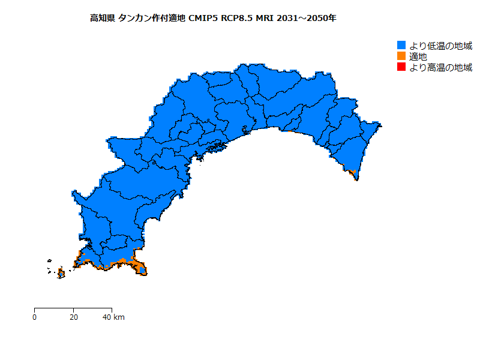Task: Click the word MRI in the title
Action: pyautogui.click(x=265, y=19)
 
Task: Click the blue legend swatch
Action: pyautogui.click(x=402, y=46)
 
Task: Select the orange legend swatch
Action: pyautogui.click(x=402, y=56)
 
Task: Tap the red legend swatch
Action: pyautogui.click(x=402, y=67)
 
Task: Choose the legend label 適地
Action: pyautogui.click(x=419, y=56)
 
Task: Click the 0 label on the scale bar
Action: pyautogui.click(x=35, y=317)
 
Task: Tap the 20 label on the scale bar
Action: pyautogui.click(x=73, y=317)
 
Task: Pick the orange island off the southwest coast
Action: pyautogui.click(x=61, y=274)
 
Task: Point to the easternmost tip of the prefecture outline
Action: pyautogui.click(x=382, y=125)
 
